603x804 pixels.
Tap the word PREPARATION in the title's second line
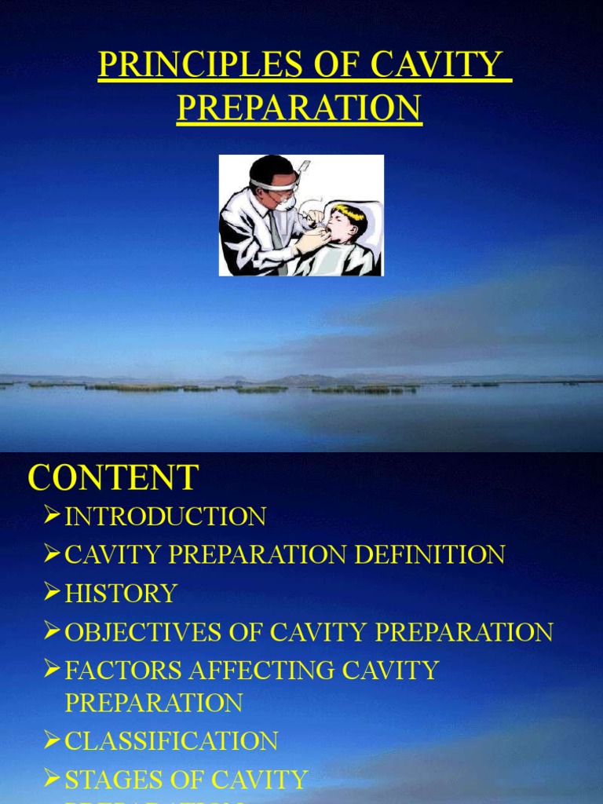tap(299, 108)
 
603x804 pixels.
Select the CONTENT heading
tap(114, 477)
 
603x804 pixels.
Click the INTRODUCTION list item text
tap(165, 517)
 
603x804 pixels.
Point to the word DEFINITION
tap(429, 555)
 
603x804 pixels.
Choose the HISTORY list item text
tap(121, 593)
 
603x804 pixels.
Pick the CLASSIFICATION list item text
tap(171, 740)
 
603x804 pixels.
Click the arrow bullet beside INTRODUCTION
tap(52, 516)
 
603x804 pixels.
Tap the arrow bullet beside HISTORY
tap(52, 592)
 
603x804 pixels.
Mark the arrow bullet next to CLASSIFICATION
tap(52, 740)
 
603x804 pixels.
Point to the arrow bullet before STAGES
tap(52, 778)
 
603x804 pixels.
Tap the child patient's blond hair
tap(349, 213)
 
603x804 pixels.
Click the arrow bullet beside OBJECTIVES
tap(52, 630)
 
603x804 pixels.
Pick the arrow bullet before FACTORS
tap(52, 669)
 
